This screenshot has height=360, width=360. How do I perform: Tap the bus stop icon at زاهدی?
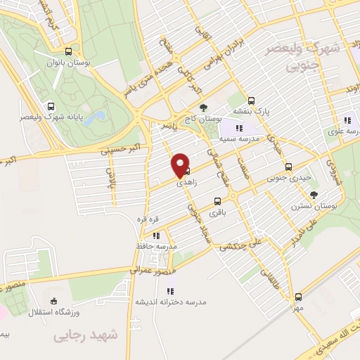click(x=186, y=171)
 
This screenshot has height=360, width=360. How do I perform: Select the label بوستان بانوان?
click(x=69, y=63)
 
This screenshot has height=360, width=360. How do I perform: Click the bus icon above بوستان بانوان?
click(x=68, y=51)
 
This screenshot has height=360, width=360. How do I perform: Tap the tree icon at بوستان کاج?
click(x=203, y=108)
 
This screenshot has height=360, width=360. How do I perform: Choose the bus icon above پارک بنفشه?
click(x=252, y=101)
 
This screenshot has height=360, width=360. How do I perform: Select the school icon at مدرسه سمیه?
click(x=238, y=128)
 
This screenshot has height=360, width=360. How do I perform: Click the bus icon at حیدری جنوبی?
click(x=288, y=167)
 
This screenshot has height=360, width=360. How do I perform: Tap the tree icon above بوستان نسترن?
click(x=314, y=194)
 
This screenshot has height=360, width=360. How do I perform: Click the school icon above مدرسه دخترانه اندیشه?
click(x=171, y=290)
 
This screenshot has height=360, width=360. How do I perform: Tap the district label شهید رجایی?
click(x=83, y=337)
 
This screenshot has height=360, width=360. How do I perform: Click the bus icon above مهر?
click(x=298, y=297)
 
